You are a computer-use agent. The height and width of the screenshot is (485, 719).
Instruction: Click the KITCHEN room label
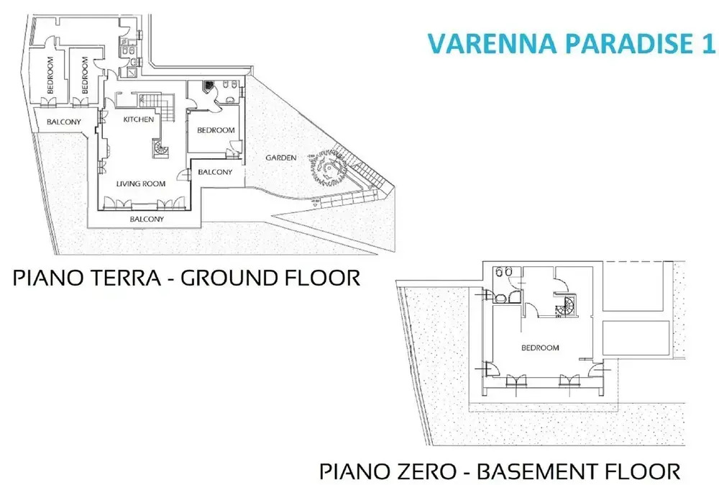(x=139, y=119)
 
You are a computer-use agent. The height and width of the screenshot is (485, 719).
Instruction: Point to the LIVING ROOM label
(x=141, y=183)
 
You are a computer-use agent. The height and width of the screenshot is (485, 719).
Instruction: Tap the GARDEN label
(x=281, y=158)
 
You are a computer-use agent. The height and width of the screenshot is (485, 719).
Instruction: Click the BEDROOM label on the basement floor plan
(x=540, y=348)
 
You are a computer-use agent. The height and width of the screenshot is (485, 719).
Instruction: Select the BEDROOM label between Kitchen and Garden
(x=216, y=130)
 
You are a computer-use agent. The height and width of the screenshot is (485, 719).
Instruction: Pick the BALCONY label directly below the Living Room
(x=147, y=219)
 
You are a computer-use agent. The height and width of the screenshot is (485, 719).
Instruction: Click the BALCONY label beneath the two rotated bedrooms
(x=64, y=122)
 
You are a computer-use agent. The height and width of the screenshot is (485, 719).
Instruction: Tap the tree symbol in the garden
(x=327, y=168)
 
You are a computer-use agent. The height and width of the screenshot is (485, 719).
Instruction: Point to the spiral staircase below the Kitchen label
(x=161, y=148)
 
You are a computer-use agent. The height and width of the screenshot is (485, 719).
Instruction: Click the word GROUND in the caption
(x=224, y=278)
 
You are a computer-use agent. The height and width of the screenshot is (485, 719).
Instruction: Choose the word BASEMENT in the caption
(x=539, y=471)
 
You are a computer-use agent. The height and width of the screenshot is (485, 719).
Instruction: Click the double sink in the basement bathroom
(x=504, y=272)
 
